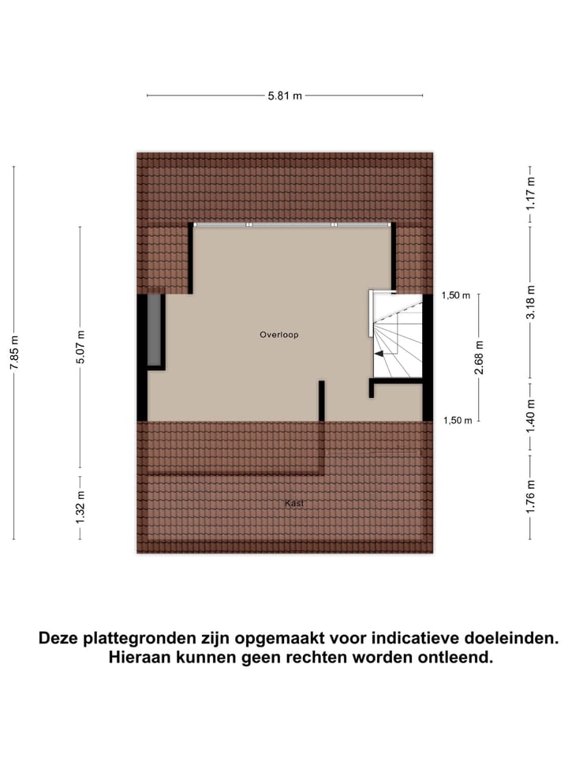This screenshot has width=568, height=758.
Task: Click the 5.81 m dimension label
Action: (x=285, y=96)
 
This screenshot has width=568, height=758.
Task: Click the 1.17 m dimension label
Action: (x=531, y=192)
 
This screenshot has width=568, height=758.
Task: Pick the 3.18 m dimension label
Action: (x=531, y=302)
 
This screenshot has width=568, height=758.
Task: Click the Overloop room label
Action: (x=279, y=335)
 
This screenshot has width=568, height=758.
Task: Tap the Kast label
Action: (x=294, y=503)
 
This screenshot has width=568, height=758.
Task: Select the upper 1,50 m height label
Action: (x=456, y=296)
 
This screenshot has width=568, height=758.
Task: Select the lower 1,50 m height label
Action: (x=456, y=420)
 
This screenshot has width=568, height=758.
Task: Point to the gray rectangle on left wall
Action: (x=155, y=330)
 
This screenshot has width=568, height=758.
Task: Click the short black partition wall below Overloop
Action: (x=322, y=401)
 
